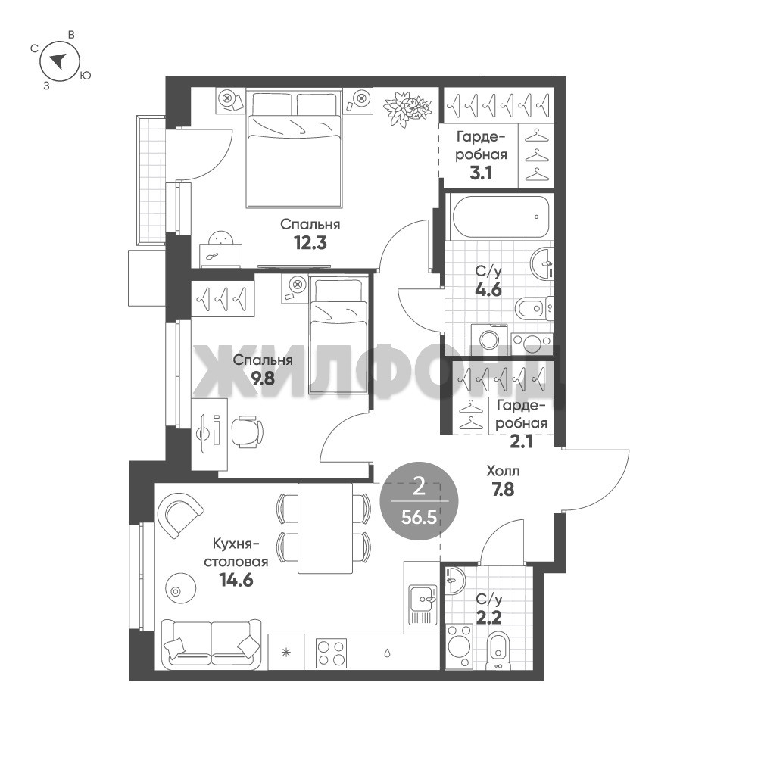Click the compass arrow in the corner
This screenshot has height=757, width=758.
[x=59, y=60]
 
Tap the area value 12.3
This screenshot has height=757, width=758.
[x=310, y=243]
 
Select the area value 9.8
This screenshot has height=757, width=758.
[x=263, y=378]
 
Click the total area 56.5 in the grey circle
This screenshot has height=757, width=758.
[x=419, y=518]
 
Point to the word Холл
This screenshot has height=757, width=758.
[x=504, y=471]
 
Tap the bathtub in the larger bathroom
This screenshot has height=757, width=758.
[x=500, y=217]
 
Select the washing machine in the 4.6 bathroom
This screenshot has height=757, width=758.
[x=486, y=337]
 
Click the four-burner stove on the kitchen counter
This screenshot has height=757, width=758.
[x=331, y=653]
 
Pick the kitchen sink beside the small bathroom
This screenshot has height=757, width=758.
[x=423, y=604]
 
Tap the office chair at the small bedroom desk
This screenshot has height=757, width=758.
[x=247, y=431]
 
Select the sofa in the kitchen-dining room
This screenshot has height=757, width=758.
[x=211, y=643]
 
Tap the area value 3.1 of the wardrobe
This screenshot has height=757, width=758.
[x=481, y=173]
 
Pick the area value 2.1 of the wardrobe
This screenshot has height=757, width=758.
[x=521, y=441]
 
